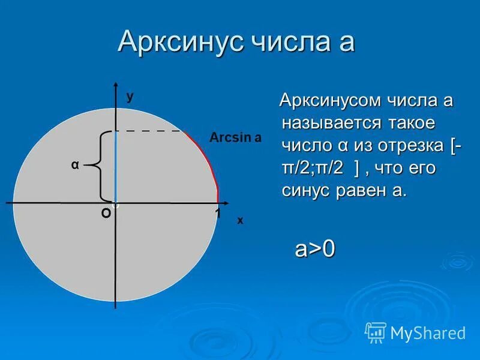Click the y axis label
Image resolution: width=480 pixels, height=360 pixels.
[130, 96]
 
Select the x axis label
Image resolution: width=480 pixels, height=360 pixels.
[240, 220]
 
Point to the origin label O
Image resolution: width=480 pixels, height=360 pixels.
[106, 214]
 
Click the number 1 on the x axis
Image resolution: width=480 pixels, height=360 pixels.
[218, 214]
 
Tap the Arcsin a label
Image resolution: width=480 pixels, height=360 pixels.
[235, 137]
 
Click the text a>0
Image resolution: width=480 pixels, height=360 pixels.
[314, 248]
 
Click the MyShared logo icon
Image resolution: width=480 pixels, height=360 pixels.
[376, 332]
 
